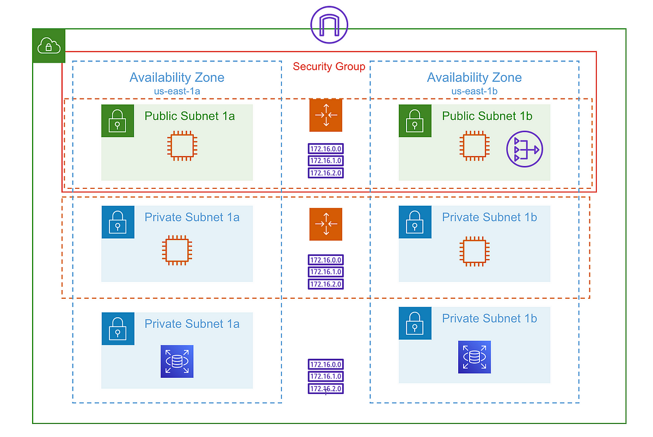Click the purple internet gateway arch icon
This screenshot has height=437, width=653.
(329, 25)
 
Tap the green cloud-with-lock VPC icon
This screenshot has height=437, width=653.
(49, 46)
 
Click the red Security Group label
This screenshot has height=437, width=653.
(329, 66)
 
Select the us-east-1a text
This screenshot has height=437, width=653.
(176, 91)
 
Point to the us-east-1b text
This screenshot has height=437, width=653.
(474, 91)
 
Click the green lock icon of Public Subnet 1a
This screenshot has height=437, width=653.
(118, 121)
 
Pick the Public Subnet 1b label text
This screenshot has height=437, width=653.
(487, 116)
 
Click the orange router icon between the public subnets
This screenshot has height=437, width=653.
(326, 115)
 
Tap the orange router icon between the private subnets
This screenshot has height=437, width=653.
(326, 224)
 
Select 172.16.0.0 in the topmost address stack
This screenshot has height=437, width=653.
(326, 149)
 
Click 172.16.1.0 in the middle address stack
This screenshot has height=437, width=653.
(326, 272)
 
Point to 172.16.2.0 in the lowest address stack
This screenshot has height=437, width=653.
(326, 389)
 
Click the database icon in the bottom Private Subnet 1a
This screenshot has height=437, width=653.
(177, 361)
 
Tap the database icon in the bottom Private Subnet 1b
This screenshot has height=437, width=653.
(475, 357)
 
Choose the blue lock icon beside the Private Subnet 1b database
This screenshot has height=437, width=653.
(415, 323)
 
